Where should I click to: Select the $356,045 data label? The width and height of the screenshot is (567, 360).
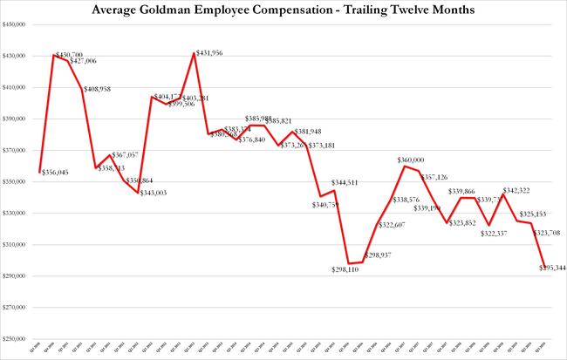(x=58, y=173)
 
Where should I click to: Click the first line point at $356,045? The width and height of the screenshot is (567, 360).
(x=40, y=171)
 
